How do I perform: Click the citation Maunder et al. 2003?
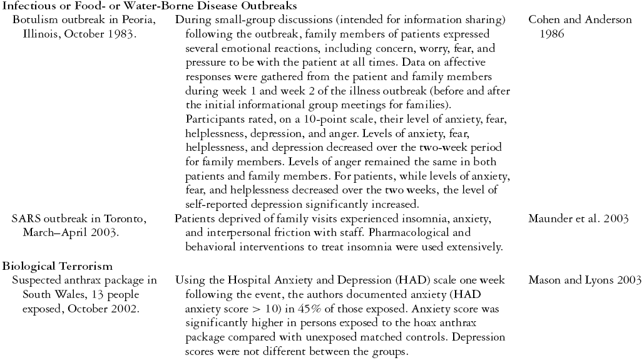579,219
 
